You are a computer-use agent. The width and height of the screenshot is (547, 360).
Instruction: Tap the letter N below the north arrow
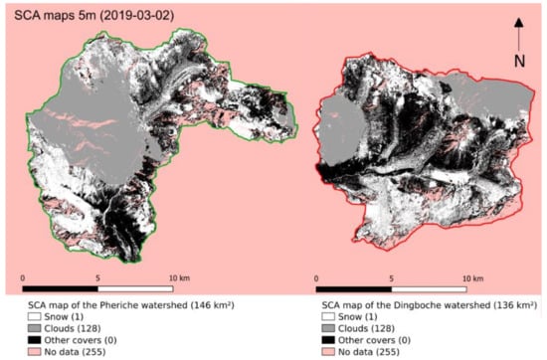click(519, 59)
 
